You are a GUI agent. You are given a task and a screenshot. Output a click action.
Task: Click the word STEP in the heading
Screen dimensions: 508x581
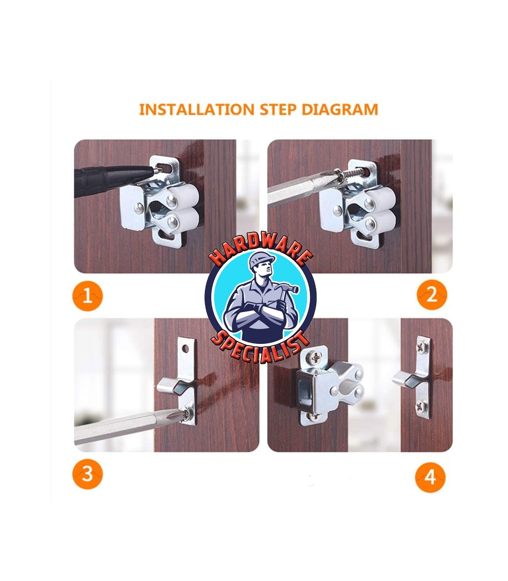pos(278,109)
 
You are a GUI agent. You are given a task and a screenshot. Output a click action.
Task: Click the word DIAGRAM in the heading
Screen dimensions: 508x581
pos(340,109)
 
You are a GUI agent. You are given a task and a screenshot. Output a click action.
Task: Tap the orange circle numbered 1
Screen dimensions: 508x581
pos(87,296)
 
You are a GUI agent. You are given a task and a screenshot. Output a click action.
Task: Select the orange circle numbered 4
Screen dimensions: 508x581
pos(430,477)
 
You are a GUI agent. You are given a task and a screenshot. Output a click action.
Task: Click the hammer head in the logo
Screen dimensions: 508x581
pos(287,289)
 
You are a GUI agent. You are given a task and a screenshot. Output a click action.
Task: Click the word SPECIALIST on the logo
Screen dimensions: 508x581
pos(260,347)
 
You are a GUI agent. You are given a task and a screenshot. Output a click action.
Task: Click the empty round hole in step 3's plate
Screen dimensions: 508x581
pos(185,349)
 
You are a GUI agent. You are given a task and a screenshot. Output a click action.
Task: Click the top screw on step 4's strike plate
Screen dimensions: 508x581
pos(421,347)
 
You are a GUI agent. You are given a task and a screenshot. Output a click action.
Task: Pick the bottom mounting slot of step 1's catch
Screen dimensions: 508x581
pos(167,235)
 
